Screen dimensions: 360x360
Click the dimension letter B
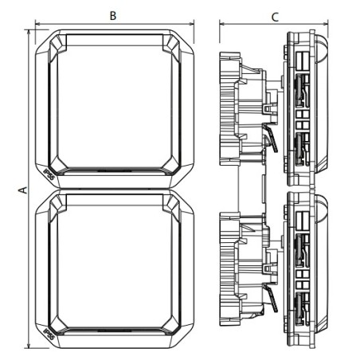(x=112, y=15)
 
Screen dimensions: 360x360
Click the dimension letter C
(x=274, y=15)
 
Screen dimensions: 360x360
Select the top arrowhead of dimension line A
(x=28, y=33)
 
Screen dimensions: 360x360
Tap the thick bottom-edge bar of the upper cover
(x=112, y=170)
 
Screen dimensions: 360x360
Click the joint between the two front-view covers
(x=112, y=190)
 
